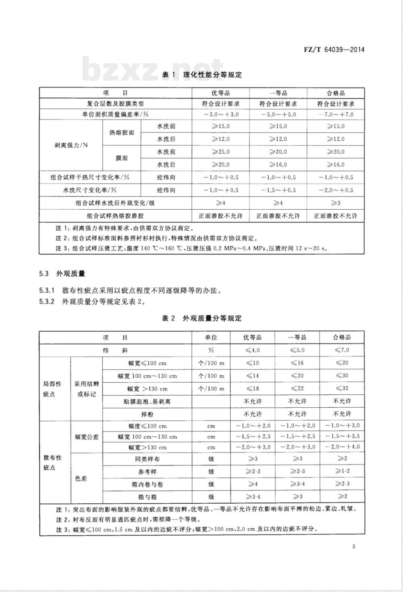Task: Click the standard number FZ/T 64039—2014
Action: point(334,50)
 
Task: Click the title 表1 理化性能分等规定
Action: point(201,75)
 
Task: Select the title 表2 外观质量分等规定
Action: point(201,318)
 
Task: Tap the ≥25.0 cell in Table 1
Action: point(221,152)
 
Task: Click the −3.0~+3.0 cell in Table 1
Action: point(221,114)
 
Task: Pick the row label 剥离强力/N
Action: point(71,145)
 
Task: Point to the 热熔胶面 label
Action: point(122,132)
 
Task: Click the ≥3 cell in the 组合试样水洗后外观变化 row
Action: point(336,203)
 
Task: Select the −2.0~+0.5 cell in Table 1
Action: point(336,190)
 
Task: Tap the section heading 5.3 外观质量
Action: point(62,274)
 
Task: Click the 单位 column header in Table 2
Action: point(211,337)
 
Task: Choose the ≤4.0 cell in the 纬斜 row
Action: point(253,350)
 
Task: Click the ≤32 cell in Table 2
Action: point(342,388)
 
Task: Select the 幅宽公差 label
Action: point(87,437)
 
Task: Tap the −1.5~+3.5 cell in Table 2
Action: point(342,436)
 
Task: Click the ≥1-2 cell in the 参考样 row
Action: point(342,471)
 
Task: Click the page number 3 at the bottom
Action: point(353,546)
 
